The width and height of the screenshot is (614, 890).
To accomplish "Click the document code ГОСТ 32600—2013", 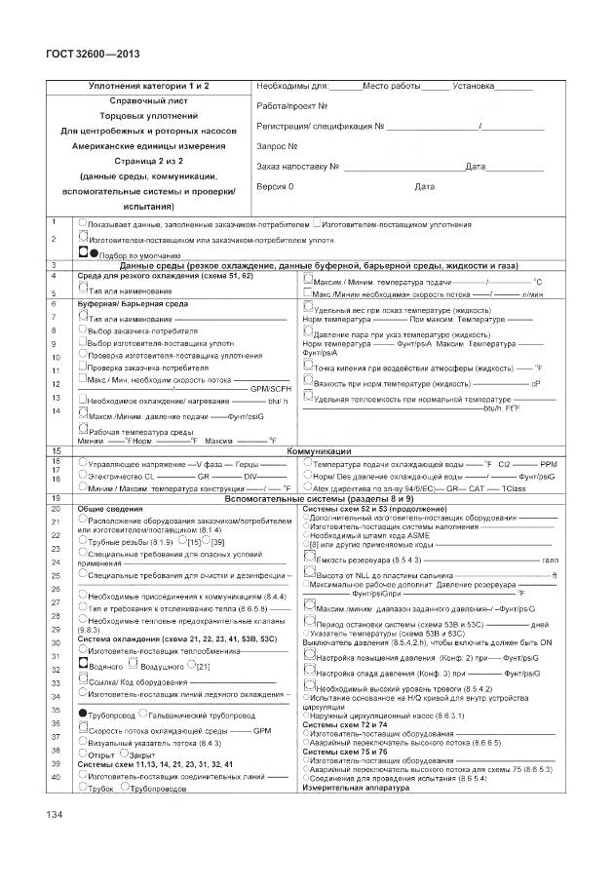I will (81, 55).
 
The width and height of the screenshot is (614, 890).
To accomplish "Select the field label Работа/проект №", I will (292, 105).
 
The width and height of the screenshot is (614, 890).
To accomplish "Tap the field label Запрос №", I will (277, 146).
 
